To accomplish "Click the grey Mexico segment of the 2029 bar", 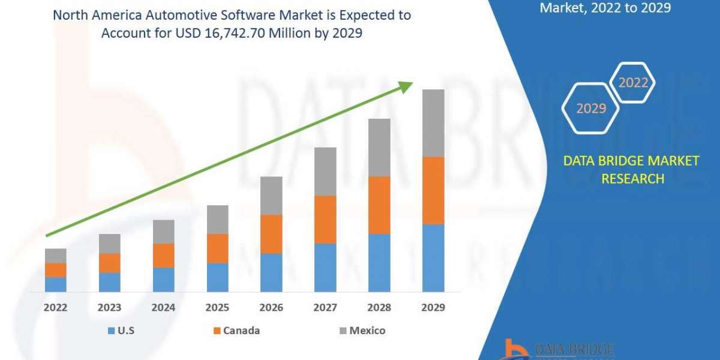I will pyautogui.click(x=433, y=123).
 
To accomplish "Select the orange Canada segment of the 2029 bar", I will pyautogui.click(x=433, y=190).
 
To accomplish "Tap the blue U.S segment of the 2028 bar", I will pyautogui.click(x=379, y=262).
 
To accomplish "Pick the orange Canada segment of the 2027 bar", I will pyautogui.click(x=325, y=220).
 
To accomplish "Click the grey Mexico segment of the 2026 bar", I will pyautogui.click(x=271, y=196).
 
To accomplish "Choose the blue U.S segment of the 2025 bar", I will pyautogui.click(x=217, y=277).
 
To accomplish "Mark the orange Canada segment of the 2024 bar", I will pyautogui.click(x=163, y=256).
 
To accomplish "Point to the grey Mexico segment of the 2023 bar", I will pyautogui.click(x=109, y=244).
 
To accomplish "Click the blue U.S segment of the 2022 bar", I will pyautogui.click(x=56, y=284).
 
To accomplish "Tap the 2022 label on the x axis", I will pyautogui.click(x=55, y=308).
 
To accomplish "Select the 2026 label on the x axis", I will pyautogui.click(x=271, y=308).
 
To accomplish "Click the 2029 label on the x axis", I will pyautogui.click(x=433, y=308).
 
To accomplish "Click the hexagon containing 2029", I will pyautogui.click(x=590, y=109).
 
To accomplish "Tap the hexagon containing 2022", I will pyautogui.click(x=633, y=83).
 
